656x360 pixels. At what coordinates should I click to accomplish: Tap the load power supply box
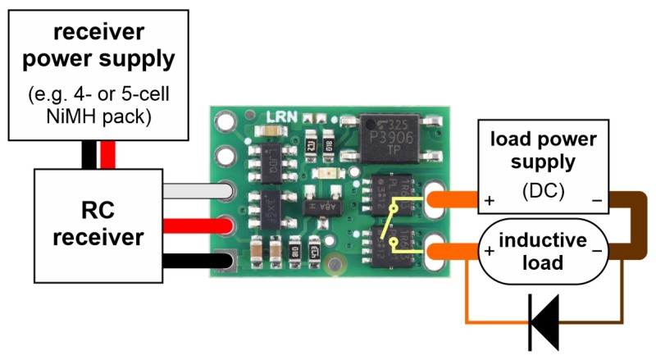(x=544, y=168)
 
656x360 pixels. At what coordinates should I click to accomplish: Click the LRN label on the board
(x=276, y=118)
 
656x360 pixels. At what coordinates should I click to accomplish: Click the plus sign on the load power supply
(x=490, y=200)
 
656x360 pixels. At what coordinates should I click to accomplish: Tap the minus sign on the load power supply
(x=595, y=200)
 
